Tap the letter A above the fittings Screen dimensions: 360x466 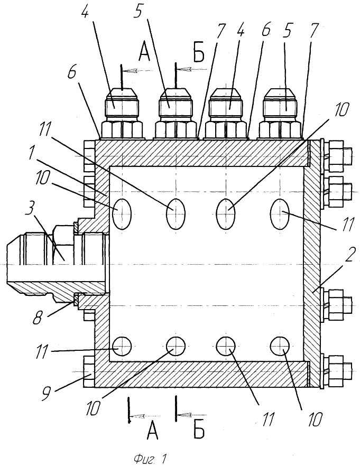[144, 53]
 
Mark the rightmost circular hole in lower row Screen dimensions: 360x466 [280, 346]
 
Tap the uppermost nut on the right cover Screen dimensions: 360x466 [338, 155]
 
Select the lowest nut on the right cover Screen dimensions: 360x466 [338, 368]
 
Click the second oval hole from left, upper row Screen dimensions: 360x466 [176, 213]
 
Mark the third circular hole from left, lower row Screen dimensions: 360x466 [226, 346]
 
